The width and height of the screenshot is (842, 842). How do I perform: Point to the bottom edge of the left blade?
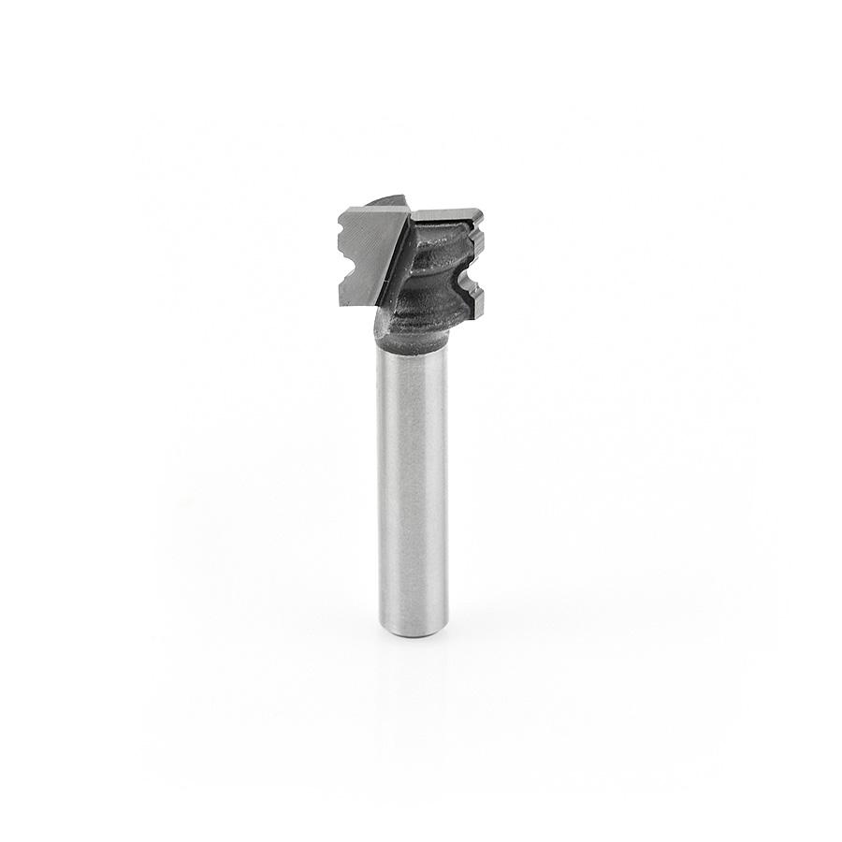click(x=356, y=307)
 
